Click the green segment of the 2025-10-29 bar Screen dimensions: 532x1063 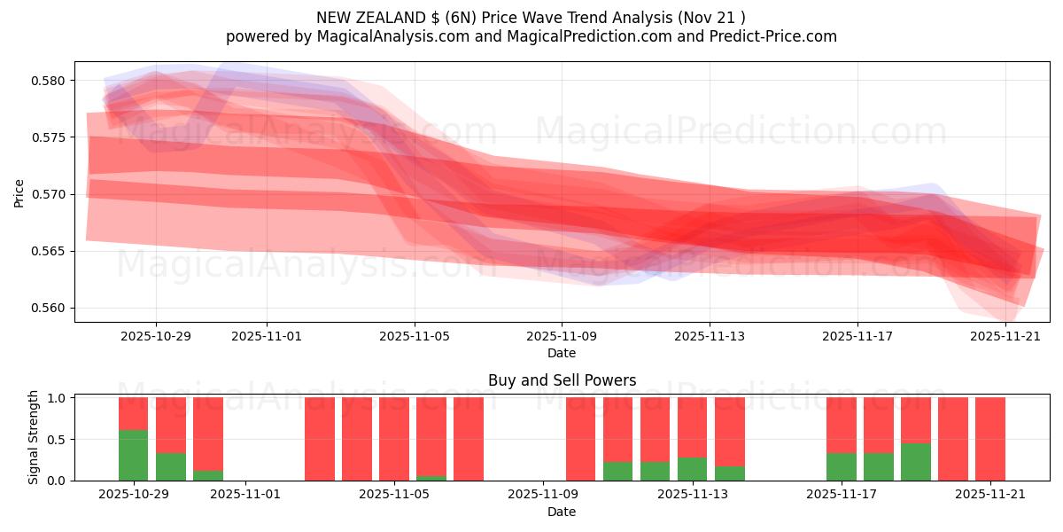pyautogui.click(x=133, y=455)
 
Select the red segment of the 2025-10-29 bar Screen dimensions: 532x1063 pyautogui.click(x=133, y=413)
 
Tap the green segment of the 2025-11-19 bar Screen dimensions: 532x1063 pyautogui.click(x=916, y=462)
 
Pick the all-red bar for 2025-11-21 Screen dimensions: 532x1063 pyautogui.click(x=990, y=439)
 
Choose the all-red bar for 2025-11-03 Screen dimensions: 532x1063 pyautogui.click(x=320, y=439)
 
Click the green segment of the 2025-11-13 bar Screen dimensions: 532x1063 pyautogui.click(x=693, y=469)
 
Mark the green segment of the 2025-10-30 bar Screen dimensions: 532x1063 pyautogui.click(x=171, y=466)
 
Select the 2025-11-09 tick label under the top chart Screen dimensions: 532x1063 pyautogui.click(x=562, y=337)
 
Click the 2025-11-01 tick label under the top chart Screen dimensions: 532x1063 pyautogui.click(x=267, y=337)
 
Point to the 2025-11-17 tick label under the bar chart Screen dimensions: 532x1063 pyautogui.click(x=842, y=495)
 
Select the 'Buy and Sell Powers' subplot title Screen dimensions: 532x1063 pyautogui.click(x=562, y=380)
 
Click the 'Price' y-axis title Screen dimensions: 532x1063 pyautogui.click(x=19, y=192)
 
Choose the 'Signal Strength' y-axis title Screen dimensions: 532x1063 pyautogui.click(x=34, y=437)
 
